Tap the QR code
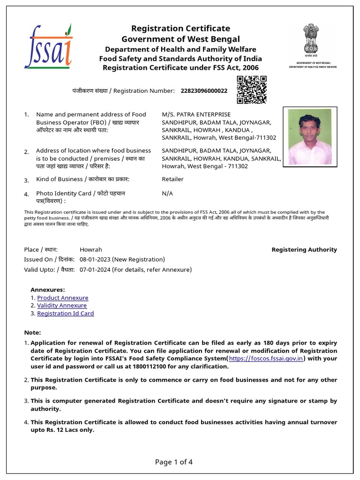[251, 90]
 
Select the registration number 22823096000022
[204, 90]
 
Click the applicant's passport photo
[310, 136]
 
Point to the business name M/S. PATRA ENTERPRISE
[196, 114]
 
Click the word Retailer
[172, 179]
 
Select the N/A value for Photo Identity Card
[167, 193]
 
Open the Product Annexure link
[62, 298]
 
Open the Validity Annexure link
[62, 306]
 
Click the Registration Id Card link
[66, 314]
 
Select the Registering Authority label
[304, 250]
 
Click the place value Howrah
[90, 250]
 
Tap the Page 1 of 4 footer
[174, 462]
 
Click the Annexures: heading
[48, 290]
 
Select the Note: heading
[32, 332]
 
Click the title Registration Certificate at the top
[180, 29]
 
